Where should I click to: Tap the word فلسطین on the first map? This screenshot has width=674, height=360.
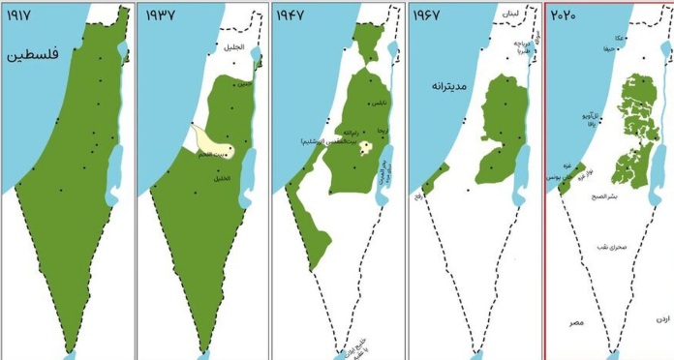tap(36, 55)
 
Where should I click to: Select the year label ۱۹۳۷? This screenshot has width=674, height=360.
tap(161, 15)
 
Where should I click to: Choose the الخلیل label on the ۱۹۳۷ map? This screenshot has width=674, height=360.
tap(222, 177)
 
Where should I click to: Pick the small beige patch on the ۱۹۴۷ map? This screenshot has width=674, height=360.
tap(368, 148)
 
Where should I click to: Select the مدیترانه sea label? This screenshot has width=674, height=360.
tap(444, 86)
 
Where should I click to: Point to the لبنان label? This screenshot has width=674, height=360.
tap(511, 16)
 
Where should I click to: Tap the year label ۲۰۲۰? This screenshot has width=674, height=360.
tap(566, 15)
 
